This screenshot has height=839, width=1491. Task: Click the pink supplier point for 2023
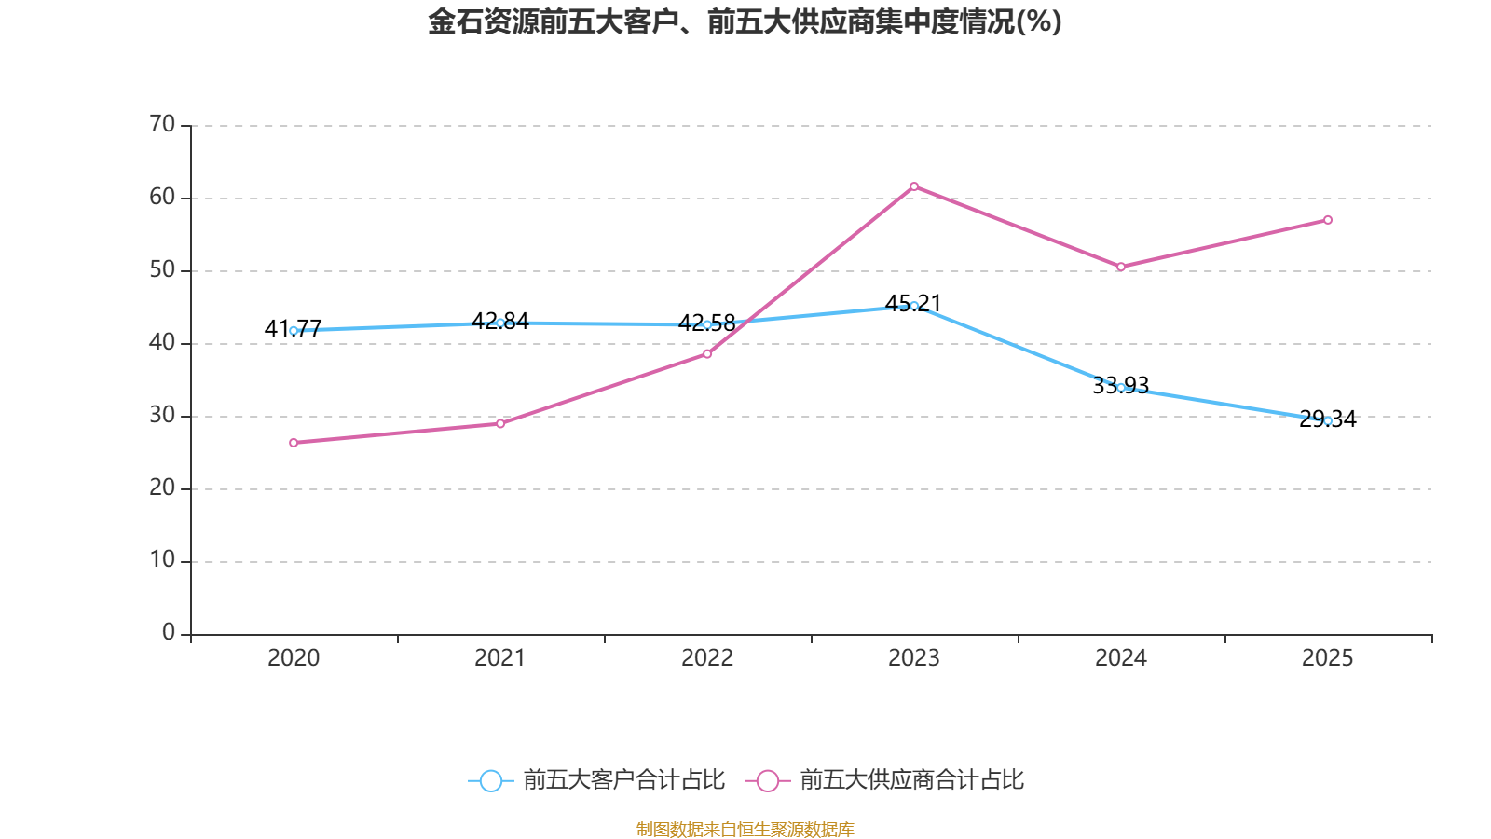coord(914,186)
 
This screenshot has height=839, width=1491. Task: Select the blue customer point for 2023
coord(914,306)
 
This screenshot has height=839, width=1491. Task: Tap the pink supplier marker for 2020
coord(294,443)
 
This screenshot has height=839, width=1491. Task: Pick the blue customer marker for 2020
coord(294,330)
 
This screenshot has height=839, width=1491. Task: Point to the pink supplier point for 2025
coord(1328,220)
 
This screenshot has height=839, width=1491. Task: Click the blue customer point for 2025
coord(1328,420)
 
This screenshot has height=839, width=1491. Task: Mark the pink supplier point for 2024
coord(1121,267)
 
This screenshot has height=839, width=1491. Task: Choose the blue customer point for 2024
coord(1121,387)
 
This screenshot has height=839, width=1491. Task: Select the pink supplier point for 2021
coord(500,423)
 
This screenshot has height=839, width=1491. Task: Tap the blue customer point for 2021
coord(500,323)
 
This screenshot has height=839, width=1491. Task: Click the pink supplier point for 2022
coord(707,353)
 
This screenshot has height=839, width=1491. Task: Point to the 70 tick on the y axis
coord(162,124)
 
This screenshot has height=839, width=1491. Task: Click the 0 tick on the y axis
coord(169,633)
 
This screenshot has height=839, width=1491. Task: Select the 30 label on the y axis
coord(162,415)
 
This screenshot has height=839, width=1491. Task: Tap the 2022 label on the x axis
coord(707,658)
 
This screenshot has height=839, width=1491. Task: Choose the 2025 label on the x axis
coord(1328,658)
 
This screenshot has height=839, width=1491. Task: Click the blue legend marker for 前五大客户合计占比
coord(490,780)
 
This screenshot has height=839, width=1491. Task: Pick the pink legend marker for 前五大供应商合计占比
coord(768,780)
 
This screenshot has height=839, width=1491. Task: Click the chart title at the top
coord(745,21)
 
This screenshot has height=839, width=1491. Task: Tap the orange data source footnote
coord(745,829)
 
